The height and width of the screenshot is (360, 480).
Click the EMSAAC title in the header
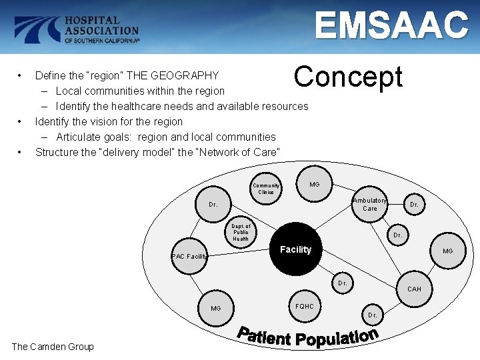point(392,26)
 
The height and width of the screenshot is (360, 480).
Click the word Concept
point(348,77)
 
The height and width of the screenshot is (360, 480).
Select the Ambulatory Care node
point(369,204)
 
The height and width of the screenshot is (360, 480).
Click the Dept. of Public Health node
point(241,232)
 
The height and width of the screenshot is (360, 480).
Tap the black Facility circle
point(295,249)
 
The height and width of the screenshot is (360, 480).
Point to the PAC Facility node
point(189,256)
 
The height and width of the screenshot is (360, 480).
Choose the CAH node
point(414,289)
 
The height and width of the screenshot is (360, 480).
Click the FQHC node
point(304,307)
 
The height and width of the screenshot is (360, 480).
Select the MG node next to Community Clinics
point(313,184)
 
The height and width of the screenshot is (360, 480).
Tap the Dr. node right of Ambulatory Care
point(414,205)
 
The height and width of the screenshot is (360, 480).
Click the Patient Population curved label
point(309,337)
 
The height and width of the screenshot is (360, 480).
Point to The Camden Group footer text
point(53,346)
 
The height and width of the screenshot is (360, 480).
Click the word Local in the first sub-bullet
point(69,91)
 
